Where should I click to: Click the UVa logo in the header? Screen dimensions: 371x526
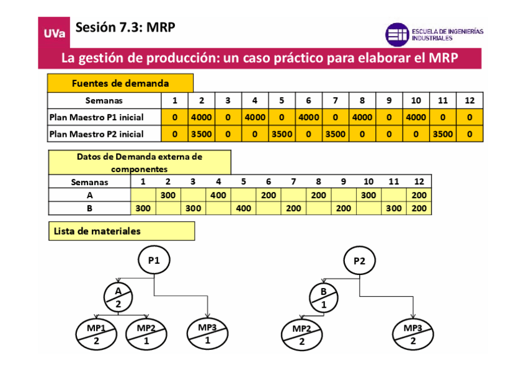[x=55, y=33]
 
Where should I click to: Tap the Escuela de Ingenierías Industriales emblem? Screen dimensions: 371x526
[x=397, y=35]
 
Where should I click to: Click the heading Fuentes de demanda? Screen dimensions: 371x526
[x=120, y=83]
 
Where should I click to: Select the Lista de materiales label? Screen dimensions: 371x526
[x=97, y=231]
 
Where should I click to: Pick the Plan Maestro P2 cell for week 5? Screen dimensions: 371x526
[x=282, y=134]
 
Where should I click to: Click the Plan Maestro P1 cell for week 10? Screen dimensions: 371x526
[x=416, y=117]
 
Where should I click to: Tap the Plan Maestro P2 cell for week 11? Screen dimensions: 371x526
[x=443, y=134]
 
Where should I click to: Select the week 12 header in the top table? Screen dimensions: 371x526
[x=470, y=100]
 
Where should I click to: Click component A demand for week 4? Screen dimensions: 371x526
[x=218, y=195]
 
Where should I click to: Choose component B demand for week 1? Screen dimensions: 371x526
[x=143, y=208]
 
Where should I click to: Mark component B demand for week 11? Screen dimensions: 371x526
[x=394, y=208]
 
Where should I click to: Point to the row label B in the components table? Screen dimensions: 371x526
[x=89, y=208]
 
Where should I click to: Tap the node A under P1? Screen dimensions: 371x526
[x=119, y=297]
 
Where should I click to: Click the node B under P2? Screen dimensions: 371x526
[x=324, y=297]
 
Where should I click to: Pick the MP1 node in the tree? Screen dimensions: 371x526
[x=96, y=334]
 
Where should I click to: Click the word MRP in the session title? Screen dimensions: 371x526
[x=161, y=27]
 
